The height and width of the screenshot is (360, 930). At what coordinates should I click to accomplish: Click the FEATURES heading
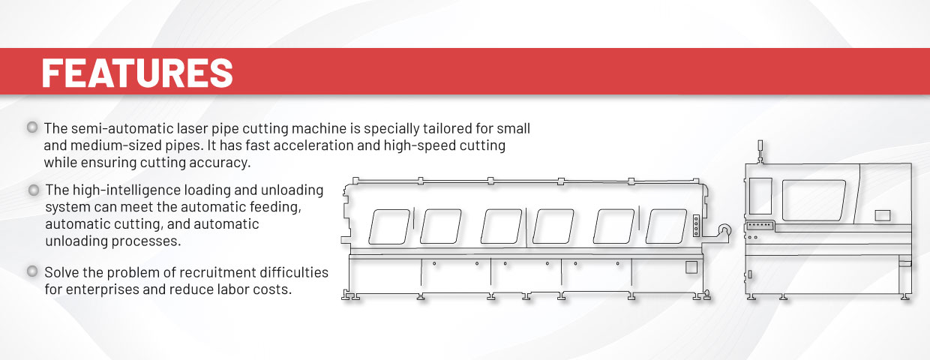tap(137, 73)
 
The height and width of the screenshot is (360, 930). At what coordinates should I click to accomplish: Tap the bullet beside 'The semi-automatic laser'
tap(32, 127)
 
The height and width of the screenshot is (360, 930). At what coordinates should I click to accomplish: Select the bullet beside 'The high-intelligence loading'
tap(34, 190)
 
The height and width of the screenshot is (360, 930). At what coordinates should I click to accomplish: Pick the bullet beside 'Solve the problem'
tap(32, 271)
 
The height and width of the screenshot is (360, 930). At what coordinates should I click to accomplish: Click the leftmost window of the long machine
tap(389, 226)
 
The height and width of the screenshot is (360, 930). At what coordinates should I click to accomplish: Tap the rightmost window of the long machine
tap(666, 226)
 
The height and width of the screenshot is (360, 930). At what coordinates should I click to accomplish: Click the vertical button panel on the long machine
tap(696, 226)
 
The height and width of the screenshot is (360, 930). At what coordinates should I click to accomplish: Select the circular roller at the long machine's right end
tap(725, 229)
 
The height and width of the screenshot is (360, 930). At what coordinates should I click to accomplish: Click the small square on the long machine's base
tap(691, 267)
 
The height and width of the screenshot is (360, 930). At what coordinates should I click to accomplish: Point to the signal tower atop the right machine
tap(760, 151)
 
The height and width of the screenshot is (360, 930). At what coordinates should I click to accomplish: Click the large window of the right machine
tap(814, 200)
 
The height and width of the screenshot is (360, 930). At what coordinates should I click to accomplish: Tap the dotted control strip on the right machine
tap(760, 226)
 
